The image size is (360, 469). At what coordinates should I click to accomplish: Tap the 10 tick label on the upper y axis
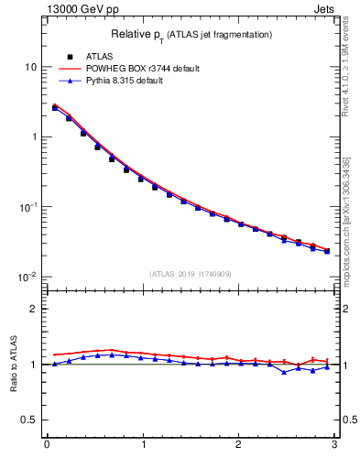(x=31, y=67)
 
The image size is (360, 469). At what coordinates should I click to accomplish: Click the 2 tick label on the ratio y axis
(x=34, y=309)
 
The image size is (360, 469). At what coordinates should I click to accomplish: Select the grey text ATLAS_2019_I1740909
(x=191, y=274)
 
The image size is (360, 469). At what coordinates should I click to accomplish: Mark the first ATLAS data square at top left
(x=55, y=107)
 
